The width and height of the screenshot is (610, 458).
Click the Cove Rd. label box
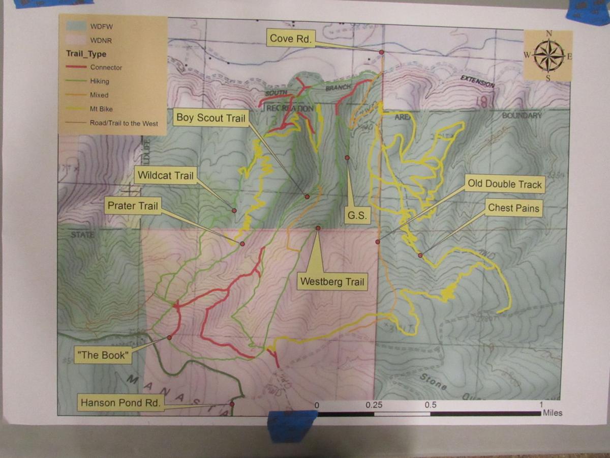point(290,38)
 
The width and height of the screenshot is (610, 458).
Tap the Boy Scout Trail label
point(210,118)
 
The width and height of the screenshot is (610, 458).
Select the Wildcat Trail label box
point(166,176)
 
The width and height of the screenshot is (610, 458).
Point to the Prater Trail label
point(133,206)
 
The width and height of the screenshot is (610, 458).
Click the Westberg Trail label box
point(332,281)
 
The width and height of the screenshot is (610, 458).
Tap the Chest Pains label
point(513,208)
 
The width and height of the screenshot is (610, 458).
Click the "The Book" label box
point(102,355)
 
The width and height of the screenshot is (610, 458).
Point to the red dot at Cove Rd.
point(381,52)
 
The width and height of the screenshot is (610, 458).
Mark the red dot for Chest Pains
point(420,255)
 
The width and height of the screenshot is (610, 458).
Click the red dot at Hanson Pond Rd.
point(232,404)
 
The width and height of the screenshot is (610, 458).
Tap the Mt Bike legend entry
point(101,109)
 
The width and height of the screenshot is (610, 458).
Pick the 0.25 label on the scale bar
point(374,405)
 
